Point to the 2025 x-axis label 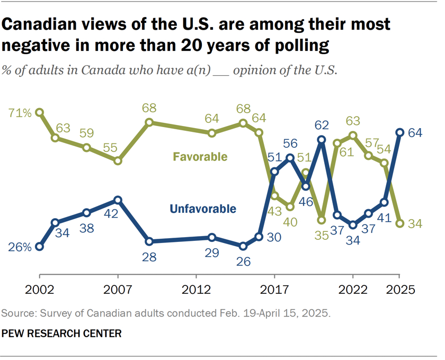tap(400, 290)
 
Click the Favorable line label tap(200, 157)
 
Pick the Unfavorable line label tap(202, 209)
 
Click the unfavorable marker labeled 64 tap(400, 132)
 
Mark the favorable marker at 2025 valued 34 tap(400, 223)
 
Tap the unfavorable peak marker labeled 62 tap(322, 140)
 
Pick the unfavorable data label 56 tap(290, 143)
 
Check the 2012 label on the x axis tap(196, 290)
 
